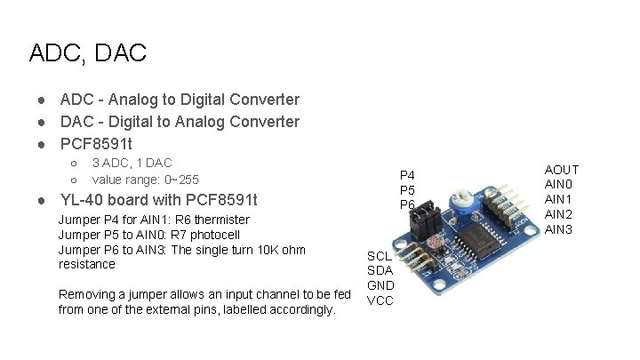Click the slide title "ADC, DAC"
(x=87, y=53)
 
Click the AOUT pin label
(x=562, y=170)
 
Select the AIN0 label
(x=559, y=185)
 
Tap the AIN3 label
(x=559, y=229)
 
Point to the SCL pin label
(x=380, y=255)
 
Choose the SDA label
(x=380, y=270)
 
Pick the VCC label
(x=380, y=300)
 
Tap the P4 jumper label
(x=407, y=175)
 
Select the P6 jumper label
(x=407, y=204)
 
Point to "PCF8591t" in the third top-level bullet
(x=97, y=142)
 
